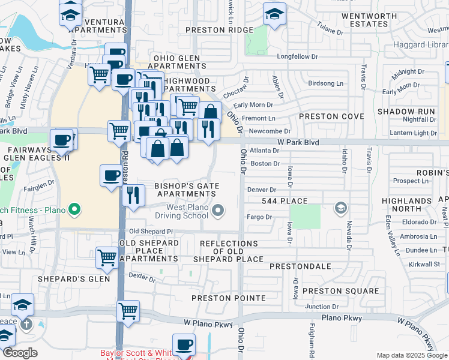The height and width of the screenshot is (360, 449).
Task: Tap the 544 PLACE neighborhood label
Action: tap(285, 201)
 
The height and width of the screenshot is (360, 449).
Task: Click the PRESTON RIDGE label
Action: tap(220, 29)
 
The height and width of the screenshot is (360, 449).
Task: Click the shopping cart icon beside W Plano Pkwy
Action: tap(128, 311)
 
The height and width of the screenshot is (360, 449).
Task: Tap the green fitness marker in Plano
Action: tap(74, 210)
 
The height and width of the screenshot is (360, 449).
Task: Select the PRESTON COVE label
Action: tap(331, 116)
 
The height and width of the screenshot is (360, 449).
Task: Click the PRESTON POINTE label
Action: tap(228, 298)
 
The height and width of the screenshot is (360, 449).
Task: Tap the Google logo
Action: tap(20, 353)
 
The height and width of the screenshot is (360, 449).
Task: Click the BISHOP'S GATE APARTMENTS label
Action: tap(187, 190)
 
